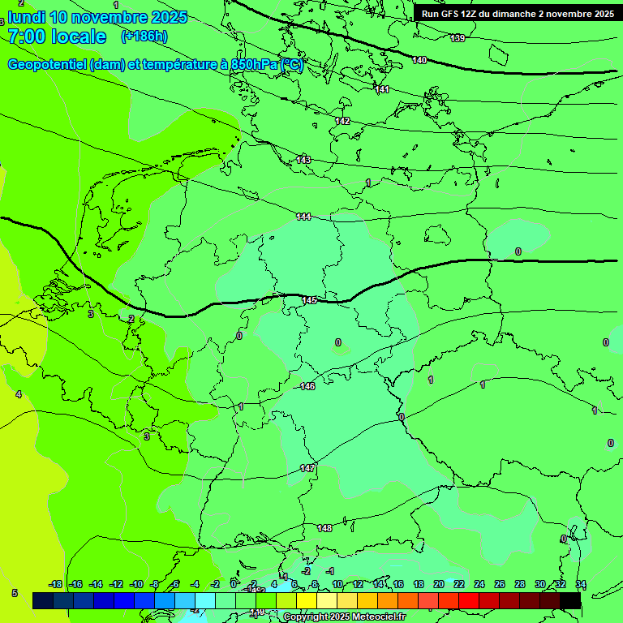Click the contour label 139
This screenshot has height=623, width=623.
click(x=458, y=38)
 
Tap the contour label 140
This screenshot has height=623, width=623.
click(x=419, y=60)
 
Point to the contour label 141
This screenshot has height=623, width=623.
click(x=383, y=89)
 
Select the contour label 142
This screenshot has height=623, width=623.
click(x=342, y=121)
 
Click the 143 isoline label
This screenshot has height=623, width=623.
click(x=303, y=160)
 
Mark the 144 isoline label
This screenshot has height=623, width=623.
click(x=303, y=217)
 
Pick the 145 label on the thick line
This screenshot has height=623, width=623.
click(x=309, y=300)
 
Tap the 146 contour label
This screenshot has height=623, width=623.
click(x=307, y=386)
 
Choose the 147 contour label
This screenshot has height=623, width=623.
click(x=307, y=468)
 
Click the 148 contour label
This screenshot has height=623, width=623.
click(x=324, y=528)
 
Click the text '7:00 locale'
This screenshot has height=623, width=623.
click(x=56, y=37)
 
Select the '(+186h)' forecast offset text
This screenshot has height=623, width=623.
click(x=144, y=36)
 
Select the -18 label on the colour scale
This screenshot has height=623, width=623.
click(x=55, y=584)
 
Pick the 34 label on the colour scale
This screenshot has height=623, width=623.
click(x=580, y=584)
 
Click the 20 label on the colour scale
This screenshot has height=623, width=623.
click(x=438, y=584)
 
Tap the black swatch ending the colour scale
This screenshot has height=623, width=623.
click(x=569, y=600)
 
